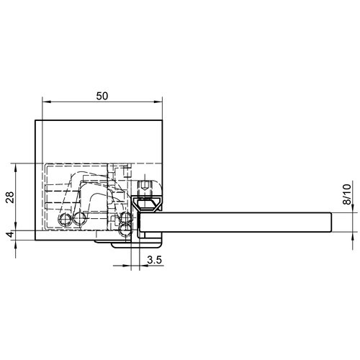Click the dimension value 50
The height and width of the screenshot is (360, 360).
point(102,96)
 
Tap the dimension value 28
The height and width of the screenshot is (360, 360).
point(10,197)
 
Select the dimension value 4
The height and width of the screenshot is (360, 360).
point(10,235)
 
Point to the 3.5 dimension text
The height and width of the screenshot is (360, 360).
point(155,260)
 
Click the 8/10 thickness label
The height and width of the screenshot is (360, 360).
point(346,194)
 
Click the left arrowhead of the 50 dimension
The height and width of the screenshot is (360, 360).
point(45,102)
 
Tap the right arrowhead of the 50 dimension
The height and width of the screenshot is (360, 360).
point(159,102)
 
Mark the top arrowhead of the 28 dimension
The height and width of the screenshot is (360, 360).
point(16,166)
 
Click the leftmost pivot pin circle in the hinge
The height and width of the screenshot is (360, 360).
point(64,219)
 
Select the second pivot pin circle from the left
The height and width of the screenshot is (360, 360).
point(79,218)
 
